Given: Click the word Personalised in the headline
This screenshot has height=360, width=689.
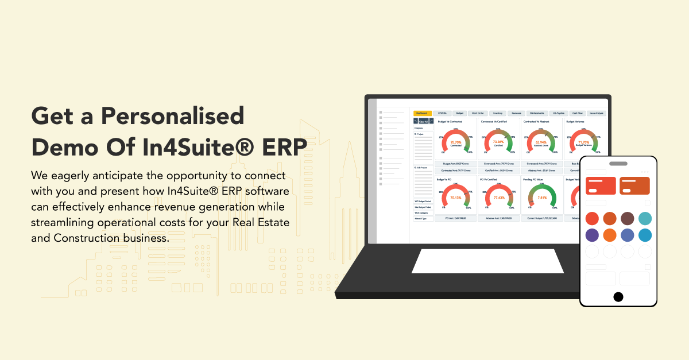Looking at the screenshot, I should pyautogui.click(x=173, y=117).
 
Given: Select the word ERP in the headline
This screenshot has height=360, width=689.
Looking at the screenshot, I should pyautogui.click(x=281, y=147).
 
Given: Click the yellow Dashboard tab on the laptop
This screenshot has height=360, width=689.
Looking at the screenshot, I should pyautogui.click(x=422, y=113).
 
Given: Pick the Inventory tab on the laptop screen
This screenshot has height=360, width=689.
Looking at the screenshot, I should pyautogui.click(x=498, y=113).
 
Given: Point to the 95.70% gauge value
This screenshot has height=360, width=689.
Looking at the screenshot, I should pyautogui.click(x=456, y=142).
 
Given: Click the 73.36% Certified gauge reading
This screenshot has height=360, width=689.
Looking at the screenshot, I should pyautogui.click(x=498, y=142).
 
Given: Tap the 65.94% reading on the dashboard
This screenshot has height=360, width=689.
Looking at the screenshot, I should pyautogui.click(x=541, y=142).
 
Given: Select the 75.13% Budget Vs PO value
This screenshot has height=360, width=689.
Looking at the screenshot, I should pyautogui.click(x=456, y=197).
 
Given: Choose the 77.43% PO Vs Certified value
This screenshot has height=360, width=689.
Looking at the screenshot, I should pyautogui.click(x=498, y=197).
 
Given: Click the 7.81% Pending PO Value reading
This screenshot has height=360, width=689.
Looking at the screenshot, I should pyautogui.click(x=541, y=197).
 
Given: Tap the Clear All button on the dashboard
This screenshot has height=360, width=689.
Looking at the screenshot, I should pyautogui.click(x=423, y=121).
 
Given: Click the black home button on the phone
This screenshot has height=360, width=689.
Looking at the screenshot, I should pyautogui.click(x=618, y=296).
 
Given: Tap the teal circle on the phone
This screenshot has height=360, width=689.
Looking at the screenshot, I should pyautogui.click(x=645, y=219).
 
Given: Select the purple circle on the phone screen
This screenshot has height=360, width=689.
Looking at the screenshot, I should pyautogui.click(x=592, y=235).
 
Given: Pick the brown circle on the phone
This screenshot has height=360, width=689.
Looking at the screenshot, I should pyautogui.click(x=627, y=219).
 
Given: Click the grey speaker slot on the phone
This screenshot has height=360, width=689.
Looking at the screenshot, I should pyautogui.click(x=618, y=163).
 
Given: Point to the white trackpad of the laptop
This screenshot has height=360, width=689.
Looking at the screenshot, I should pyautogui.click(x=487, y=261).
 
